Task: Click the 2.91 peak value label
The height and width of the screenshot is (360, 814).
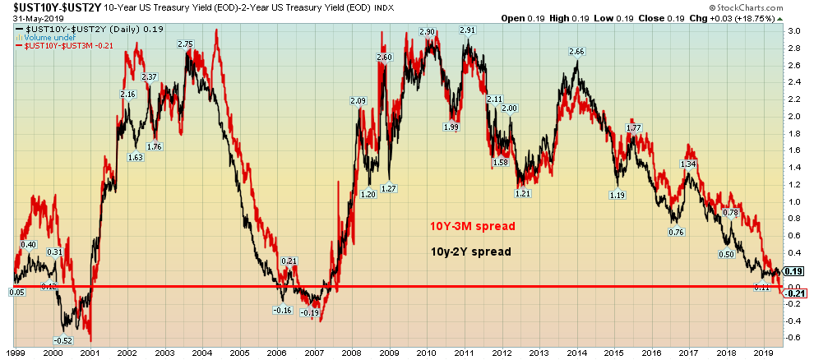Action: (x=467, y=30)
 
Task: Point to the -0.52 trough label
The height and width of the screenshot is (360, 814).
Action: (x=62, y=339)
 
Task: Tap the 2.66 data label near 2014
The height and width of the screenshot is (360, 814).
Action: (x=576, y=52)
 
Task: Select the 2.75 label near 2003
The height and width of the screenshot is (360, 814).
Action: (x=186, y=44)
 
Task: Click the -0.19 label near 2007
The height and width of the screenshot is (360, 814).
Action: (x=309, y=312)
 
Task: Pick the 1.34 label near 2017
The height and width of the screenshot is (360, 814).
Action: (x=688, y=164)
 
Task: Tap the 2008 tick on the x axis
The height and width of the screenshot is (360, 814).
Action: (x=352, y=352)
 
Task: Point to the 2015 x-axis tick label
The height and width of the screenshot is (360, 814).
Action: (x=615, y=352)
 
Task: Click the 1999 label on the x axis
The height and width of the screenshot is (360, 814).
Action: (x=16, y=352)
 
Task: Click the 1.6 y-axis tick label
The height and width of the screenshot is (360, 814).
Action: (x=793, y=150)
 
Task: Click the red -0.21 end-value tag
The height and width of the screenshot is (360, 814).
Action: (x=794, y=293)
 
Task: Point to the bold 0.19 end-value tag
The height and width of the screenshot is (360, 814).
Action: (x=794, y=271)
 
